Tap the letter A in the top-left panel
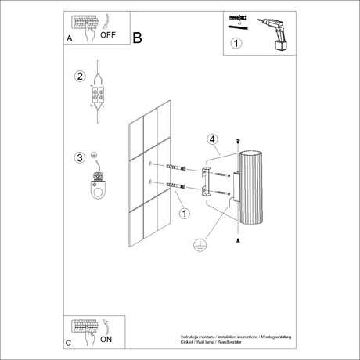pos(69,38)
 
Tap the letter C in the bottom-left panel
pos(69,343)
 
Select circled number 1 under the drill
pos(237,45)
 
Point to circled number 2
pos(79,77)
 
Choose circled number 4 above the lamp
pos(211,140)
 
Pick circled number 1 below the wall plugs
pos(183,213)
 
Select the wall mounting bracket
pos(205,181)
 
